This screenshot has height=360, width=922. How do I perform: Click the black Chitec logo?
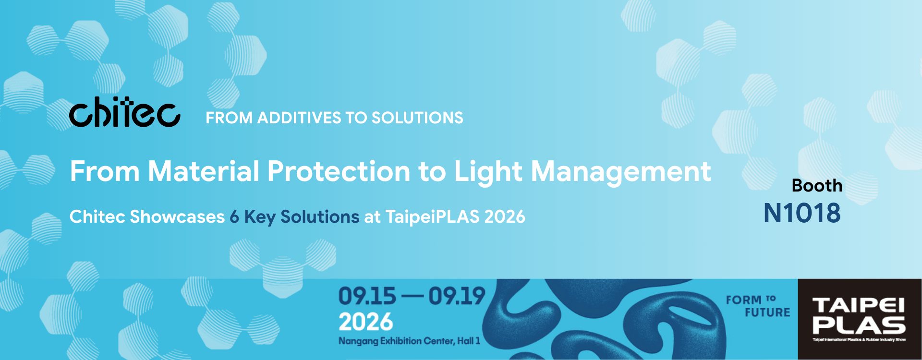(x=125, y=112)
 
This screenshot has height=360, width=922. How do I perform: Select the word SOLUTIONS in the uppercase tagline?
(x=417, y=118)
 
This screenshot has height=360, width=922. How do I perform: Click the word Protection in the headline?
(x=339, y=171)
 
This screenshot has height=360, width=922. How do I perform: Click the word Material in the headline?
(x=204, y=171)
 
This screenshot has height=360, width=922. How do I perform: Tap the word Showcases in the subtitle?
(x=177, y=217)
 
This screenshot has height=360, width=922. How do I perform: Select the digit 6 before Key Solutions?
(x=234, y=217)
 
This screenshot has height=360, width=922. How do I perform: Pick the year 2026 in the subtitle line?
(x=505, y=217)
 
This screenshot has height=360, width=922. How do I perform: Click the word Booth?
(x=817, y=186)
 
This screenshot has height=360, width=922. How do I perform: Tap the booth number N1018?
(x=802, y=213)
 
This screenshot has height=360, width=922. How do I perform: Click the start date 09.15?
(x=367, y=296)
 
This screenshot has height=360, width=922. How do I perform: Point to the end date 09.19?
(x=457, y=296)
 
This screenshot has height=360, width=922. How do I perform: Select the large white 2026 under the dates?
(x=366, y=322)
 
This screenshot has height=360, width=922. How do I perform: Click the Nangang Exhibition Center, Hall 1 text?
(x=409, y=341)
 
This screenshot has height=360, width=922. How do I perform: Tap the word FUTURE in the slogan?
(x=767, y=312)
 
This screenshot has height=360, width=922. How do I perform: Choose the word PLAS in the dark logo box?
(x=859, y=325)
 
